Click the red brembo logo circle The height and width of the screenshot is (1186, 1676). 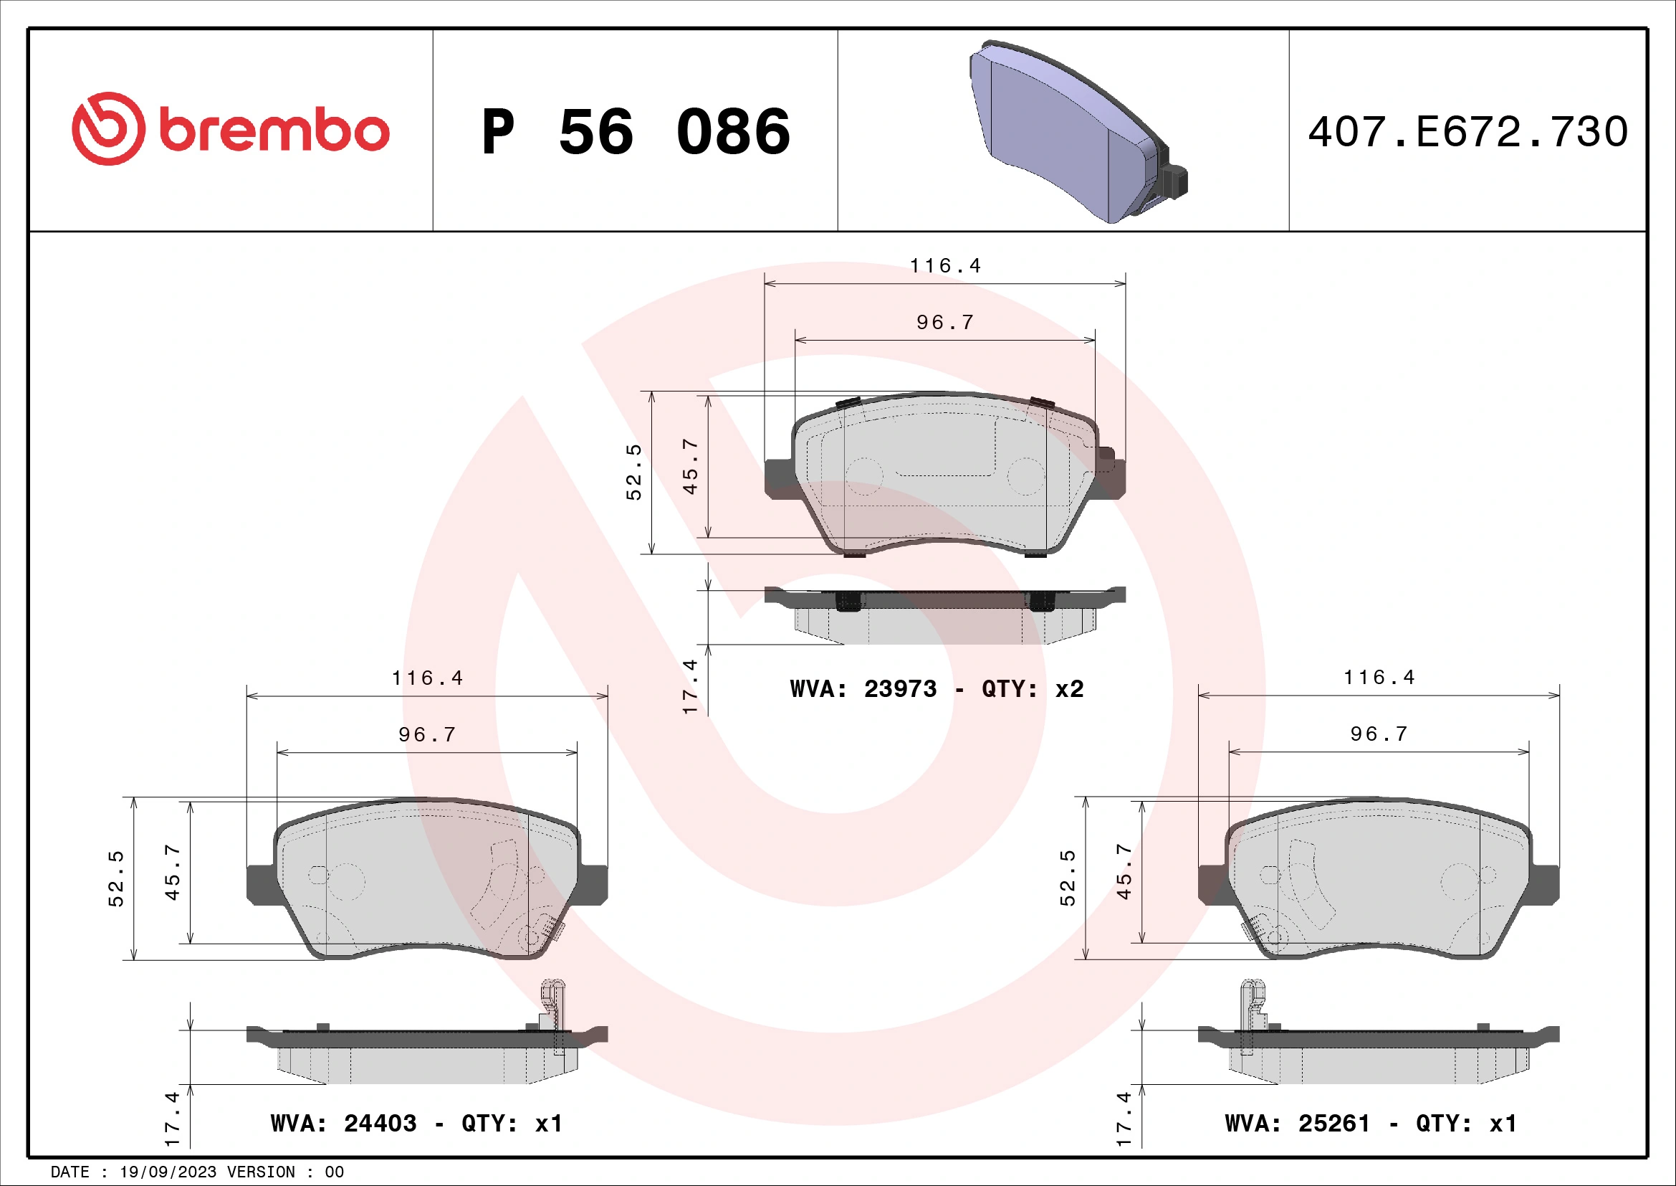[107, 128]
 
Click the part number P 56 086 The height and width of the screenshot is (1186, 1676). [635, 131]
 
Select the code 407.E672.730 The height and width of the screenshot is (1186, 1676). [1467, 131]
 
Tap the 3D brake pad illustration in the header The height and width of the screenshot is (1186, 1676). [1077, 131]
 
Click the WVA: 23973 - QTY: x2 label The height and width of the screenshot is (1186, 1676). [937, 688]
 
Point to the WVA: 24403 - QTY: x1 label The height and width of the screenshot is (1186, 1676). [416, 1122]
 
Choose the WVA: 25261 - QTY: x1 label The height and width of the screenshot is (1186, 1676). [1370, 1122]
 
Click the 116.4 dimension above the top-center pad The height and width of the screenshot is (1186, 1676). [945, 266]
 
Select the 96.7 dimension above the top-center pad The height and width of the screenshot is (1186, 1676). [945, 322]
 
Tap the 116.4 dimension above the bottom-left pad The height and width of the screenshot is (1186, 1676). [427, 678]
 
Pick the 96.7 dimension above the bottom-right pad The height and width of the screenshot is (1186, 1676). [1379, 734]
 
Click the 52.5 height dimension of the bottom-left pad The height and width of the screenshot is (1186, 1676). [116, 878]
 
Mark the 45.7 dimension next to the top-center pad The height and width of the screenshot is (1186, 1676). [690, 467]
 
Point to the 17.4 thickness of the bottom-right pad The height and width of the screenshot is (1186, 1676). [1124, 1119]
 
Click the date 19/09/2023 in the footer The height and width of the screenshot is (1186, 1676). [168, 1172]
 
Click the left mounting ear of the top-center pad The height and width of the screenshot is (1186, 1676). [779, 478]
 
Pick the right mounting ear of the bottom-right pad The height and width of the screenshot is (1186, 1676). [1546, 883]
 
